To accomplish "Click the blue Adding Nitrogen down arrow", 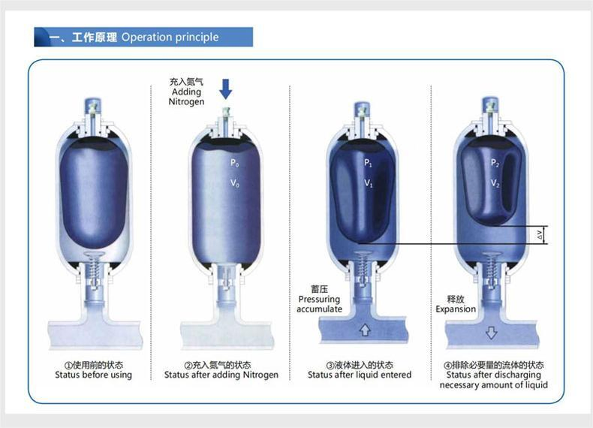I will coord(225,89).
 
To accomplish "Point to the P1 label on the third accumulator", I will coord(368,162).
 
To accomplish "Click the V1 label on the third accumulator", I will coord(368,182).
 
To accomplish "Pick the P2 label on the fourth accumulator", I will coord(495,162).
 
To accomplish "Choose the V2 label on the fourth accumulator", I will coord(495,182).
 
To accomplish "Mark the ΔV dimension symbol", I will coord(540,235).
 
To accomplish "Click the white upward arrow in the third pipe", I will coord(366,329).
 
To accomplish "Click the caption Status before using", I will coord(93,375).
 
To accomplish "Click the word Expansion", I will coord(456,309).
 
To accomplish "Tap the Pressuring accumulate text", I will coord(319,304).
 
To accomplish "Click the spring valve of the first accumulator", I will coord(94,267).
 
